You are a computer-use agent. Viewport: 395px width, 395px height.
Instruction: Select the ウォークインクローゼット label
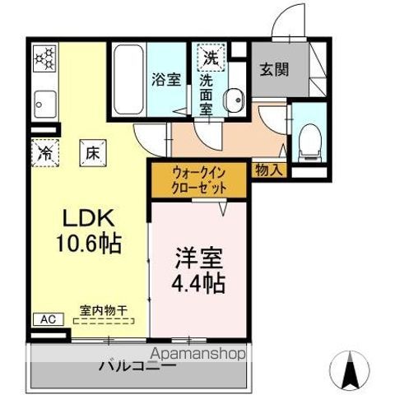[197, 179]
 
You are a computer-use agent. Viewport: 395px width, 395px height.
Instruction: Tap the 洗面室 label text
[210, 92]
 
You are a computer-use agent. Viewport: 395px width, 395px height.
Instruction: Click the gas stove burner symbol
[44, 58]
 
